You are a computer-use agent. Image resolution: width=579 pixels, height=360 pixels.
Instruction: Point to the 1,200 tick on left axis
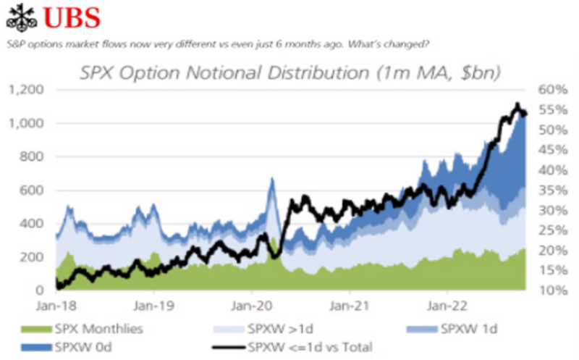pos(27,90)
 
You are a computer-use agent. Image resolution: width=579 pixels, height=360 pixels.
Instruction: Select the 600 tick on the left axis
pos(31,190)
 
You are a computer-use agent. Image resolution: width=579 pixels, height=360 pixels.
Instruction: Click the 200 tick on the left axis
pos(31,256)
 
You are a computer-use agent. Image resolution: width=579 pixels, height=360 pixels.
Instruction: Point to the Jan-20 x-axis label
pos(251,305)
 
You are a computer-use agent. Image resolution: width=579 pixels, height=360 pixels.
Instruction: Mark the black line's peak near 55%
pos(517,104)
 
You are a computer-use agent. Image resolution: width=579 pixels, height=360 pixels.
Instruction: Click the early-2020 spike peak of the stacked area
pos(271,179)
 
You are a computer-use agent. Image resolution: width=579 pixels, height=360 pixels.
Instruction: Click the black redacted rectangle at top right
pos(507,28)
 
